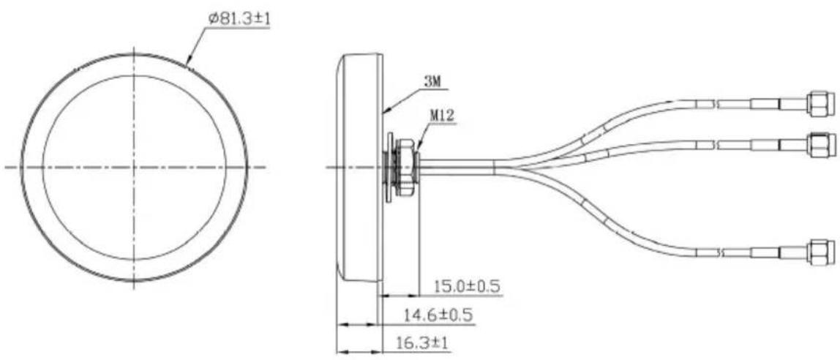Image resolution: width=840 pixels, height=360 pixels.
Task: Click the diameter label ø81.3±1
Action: [x=239, y=20]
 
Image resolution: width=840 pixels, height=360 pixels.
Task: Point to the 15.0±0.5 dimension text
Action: [x=467, y=287]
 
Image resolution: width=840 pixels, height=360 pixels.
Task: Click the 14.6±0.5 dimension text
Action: [x=439, y=315]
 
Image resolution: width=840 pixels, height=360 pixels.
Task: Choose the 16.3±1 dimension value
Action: [x=421, y=343]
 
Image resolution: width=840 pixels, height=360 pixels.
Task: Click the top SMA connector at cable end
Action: [x=820, y=104]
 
